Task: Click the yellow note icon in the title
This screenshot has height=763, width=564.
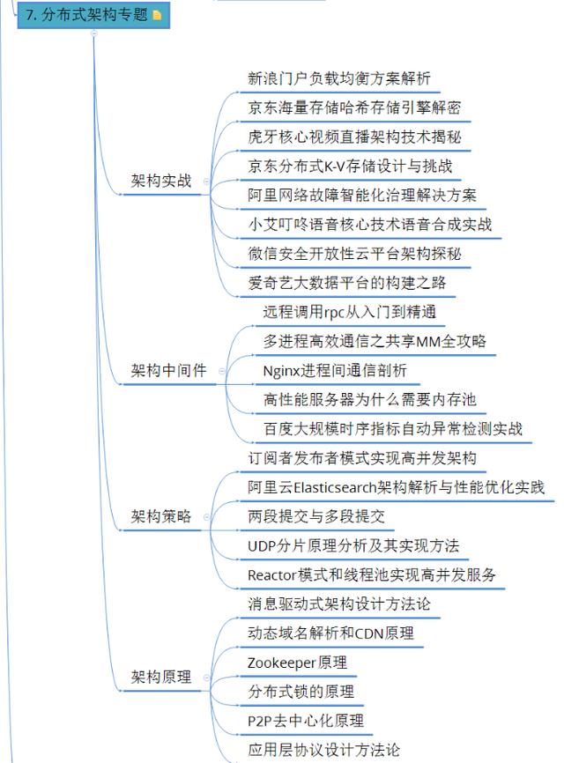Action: point(158,15)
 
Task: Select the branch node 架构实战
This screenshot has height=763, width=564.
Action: point(161,181)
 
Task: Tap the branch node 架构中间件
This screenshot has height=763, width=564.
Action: point(169,371)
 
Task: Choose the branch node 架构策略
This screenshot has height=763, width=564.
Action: point(161,516)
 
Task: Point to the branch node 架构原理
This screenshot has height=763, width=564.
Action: point(161,678)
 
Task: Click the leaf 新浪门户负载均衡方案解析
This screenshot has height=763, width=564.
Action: point(339,79)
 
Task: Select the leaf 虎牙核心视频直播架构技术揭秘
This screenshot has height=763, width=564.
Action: point(354,137)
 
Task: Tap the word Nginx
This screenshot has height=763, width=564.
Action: point(282,371)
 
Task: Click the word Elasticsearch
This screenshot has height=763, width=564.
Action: point(335,487)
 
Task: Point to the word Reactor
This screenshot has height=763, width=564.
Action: point(272,575)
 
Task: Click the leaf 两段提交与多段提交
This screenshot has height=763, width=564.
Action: point(316,517)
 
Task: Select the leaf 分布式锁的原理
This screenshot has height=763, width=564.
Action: point(301,692)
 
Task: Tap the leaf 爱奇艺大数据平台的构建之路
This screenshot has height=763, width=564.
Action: point(347,283)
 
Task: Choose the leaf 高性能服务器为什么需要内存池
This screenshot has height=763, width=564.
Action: point(369,400)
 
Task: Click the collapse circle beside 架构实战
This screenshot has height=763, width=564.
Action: point(206,181)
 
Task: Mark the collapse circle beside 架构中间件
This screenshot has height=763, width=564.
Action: point(221,371)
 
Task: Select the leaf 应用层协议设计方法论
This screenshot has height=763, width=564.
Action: point(323,750)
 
